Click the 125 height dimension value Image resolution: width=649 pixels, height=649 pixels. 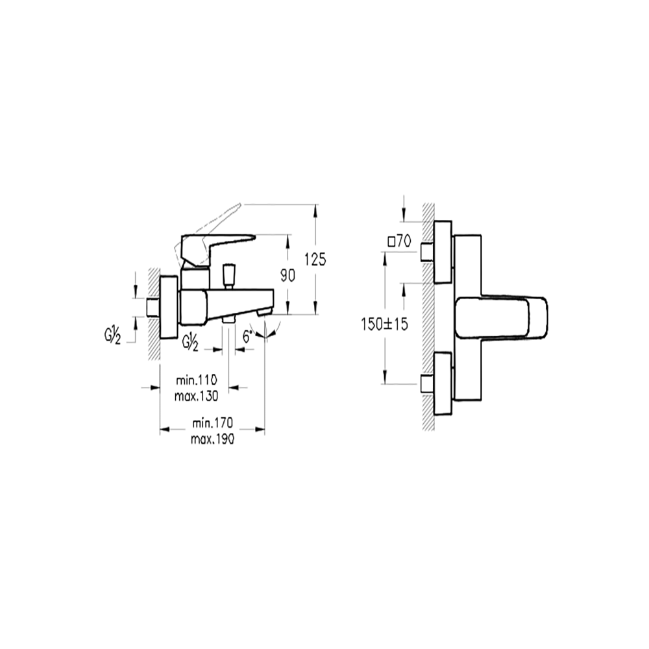315,260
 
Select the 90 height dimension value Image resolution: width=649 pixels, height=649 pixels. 288,275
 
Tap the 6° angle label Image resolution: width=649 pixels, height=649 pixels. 247,336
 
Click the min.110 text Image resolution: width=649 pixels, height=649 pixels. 197,380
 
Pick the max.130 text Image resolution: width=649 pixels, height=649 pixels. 196,396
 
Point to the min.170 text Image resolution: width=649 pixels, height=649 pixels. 213,423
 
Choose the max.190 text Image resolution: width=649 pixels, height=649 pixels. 212,439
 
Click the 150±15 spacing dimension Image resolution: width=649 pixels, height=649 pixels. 384,324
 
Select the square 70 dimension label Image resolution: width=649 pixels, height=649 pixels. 400,241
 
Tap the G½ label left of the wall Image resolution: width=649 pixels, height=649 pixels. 112,336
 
